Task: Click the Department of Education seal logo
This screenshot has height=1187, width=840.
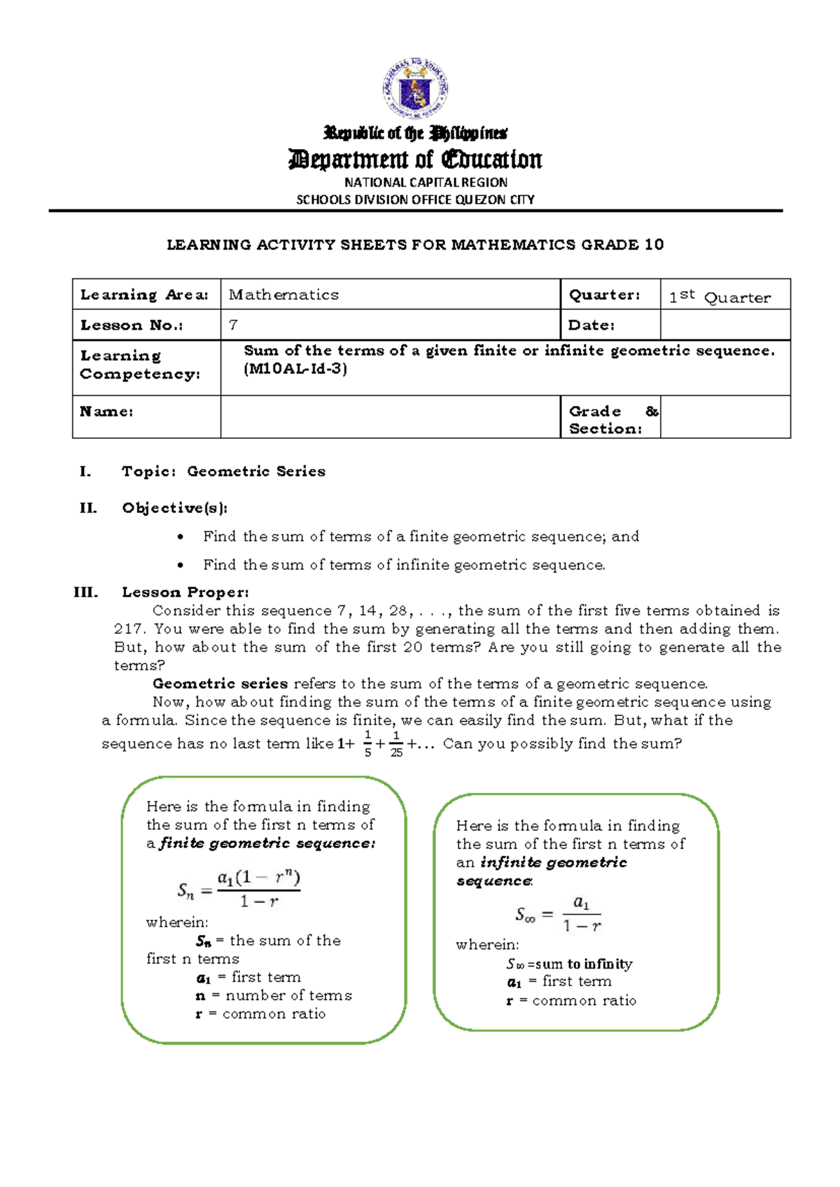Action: point(415,89)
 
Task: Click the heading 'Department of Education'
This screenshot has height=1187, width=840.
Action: point(415,160)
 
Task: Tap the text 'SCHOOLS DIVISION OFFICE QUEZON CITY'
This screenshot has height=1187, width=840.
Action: point(415,199)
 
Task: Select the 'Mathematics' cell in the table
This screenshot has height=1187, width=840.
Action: point(283,295)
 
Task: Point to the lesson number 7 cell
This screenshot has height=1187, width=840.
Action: point(234,325)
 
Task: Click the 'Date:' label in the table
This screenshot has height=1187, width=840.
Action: point(591,325)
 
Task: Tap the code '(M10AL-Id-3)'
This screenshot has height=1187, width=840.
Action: point(295,369)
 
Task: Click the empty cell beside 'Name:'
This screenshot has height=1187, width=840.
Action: point(390,416)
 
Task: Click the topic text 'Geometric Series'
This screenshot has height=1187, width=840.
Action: point(256,471)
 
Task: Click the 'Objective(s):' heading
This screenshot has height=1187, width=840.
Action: point(174,507)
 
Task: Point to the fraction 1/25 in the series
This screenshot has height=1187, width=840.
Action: point(396,744)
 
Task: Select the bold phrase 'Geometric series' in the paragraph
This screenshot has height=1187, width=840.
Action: point(220,683)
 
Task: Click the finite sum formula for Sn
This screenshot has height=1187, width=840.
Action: point(239,890)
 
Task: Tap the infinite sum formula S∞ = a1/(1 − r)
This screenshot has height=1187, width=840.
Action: point(559,914)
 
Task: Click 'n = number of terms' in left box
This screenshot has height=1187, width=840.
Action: point(274,995)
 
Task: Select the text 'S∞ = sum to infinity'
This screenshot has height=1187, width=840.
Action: point(569,964)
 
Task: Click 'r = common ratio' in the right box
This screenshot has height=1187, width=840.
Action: point(571,1000)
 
